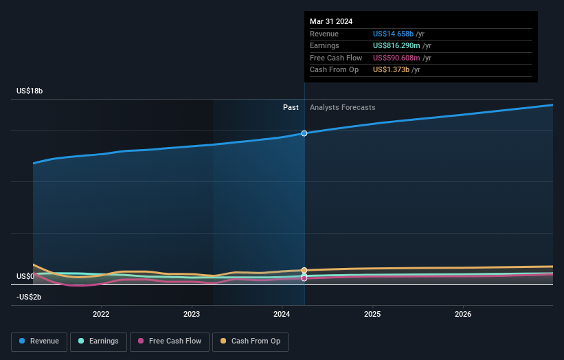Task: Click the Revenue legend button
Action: click(x=39, y=341)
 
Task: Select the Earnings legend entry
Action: click(x=98, y=341)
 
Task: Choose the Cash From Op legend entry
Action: click(x=250, y=341)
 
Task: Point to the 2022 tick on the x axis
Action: click(x=101, y=315)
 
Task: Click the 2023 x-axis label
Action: click(x=192, y=315)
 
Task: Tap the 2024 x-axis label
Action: click(x=282, y=315)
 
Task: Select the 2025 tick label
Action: click(x=372, y=315)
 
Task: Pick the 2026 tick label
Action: click(x=463, y=315)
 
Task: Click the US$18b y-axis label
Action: click(x=31, y=91)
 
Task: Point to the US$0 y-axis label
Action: click(x=26, y=276)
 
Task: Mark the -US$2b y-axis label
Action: click(x=28, y=297)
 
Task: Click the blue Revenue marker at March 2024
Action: click(x=304, y=133)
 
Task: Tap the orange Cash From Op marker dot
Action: click(x=304, y=270)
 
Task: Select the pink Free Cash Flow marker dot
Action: click(x=304, y=278)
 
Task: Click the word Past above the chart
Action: click(x=291, y=107)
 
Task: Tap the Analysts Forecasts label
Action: click(x=342, y=107)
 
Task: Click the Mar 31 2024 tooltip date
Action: click(x=331, y=21)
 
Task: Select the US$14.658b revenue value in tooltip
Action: click(x=394, y=34)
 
